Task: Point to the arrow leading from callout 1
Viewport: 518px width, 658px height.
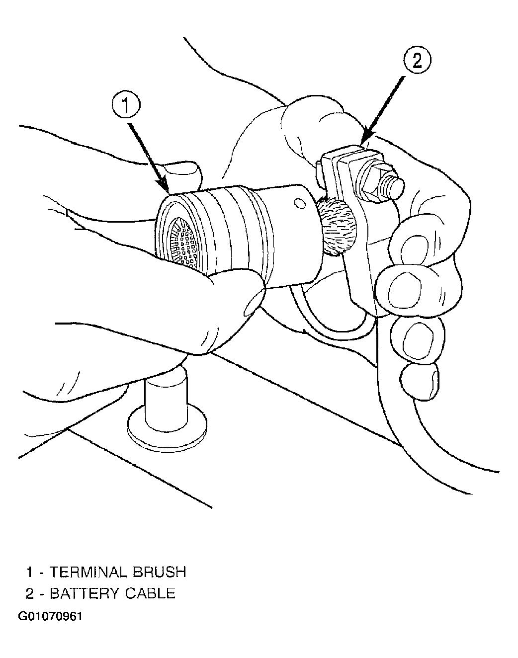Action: tap(149, 158)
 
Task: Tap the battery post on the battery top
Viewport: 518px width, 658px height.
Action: tap(166, 398)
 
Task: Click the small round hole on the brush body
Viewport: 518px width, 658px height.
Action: tap(300, 203)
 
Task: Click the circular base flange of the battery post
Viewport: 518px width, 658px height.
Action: tap(167, 427)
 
